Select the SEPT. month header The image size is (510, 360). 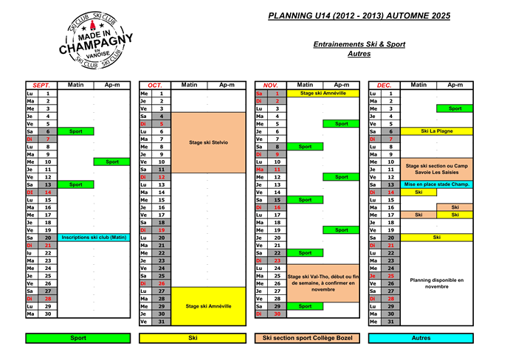point(41,85)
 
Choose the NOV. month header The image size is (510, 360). point(270,85)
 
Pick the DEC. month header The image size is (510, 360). point(384,85)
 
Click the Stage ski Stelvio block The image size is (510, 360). point(209,142)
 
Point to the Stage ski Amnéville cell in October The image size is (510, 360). point(209,305)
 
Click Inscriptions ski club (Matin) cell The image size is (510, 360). point(94,238)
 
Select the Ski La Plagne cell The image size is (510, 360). point(437,131)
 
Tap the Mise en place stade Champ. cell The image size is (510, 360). point(437,184)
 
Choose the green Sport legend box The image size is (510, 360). point(78,338)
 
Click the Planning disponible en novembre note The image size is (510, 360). point(437,283)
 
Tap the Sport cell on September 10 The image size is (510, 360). point(112,162)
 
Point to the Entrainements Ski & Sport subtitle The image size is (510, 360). point(359,44)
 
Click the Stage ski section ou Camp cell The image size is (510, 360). point(437,169)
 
